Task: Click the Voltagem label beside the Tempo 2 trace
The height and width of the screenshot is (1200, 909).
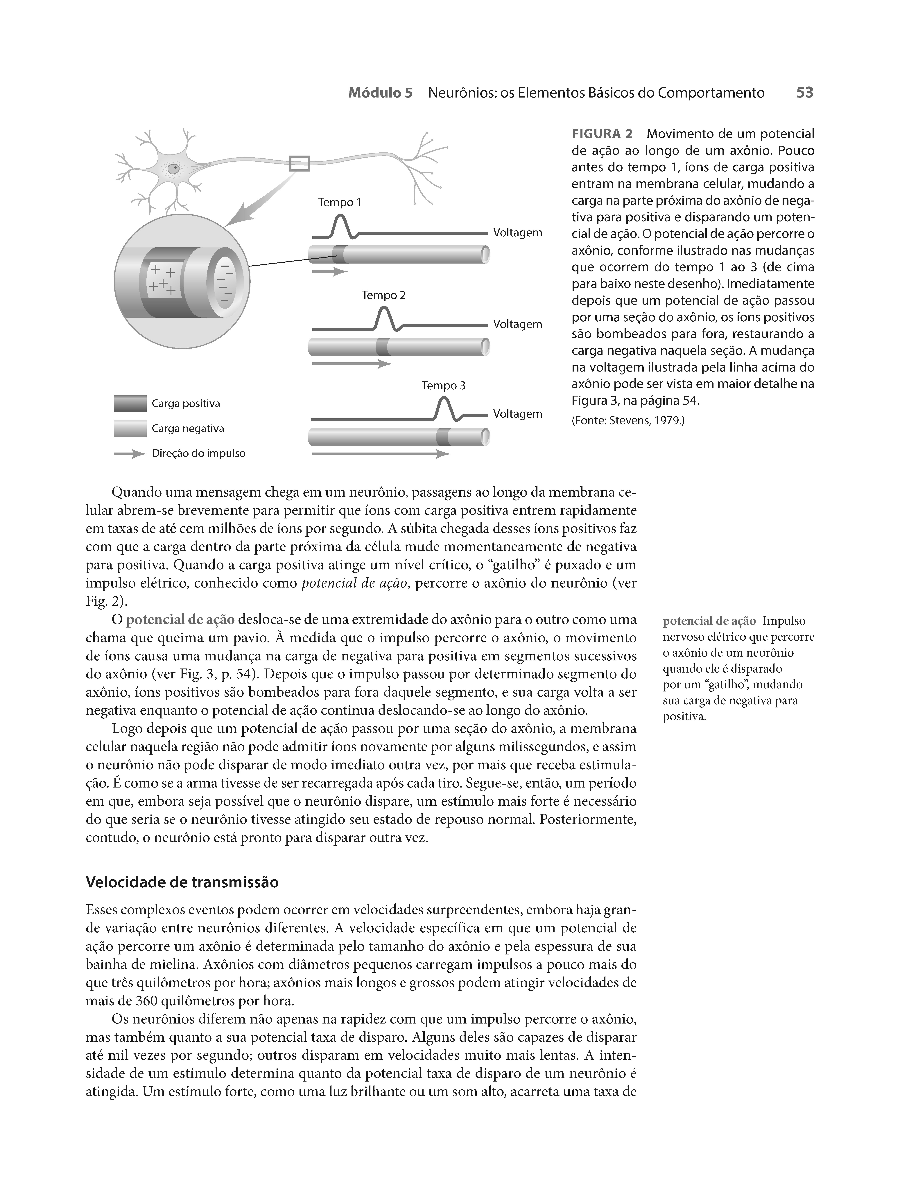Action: tap(517, 324)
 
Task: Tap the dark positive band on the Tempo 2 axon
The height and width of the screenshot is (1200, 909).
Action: tap(383, 346)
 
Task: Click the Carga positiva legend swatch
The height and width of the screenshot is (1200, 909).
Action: tap(130, 404)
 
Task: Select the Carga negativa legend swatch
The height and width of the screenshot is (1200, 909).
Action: tap(130, 429)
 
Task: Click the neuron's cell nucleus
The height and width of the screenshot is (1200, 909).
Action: tap(174, 169)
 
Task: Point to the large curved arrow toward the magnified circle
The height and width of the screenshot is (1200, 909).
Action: tap(255, 206)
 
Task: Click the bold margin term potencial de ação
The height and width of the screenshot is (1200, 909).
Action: tap(709, 621)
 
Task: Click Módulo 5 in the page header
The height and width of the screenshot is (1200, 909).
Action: tap(380, 93)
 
